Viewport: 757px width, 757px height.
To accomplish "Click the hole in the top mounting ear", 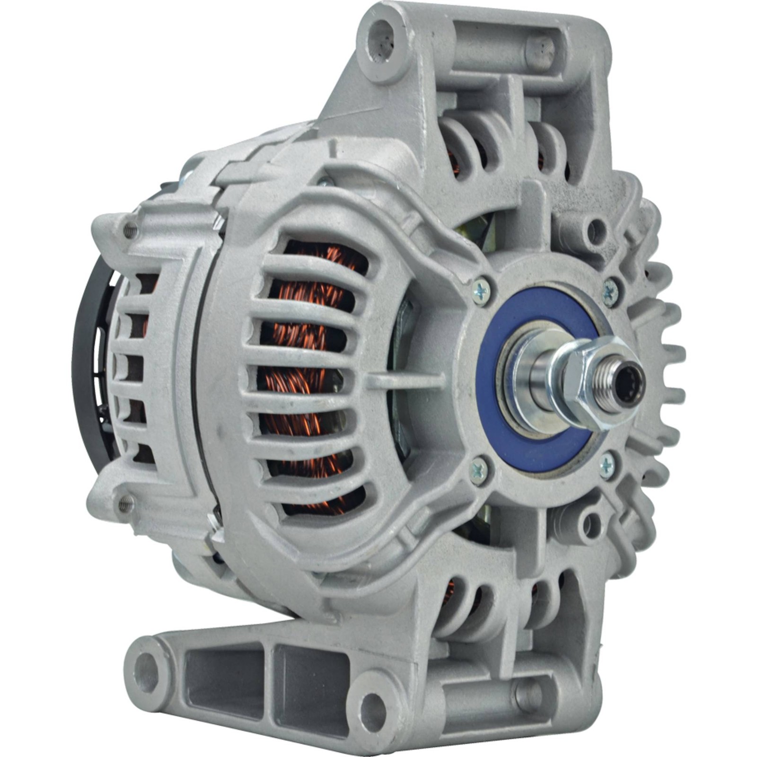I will click(383, 34).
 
